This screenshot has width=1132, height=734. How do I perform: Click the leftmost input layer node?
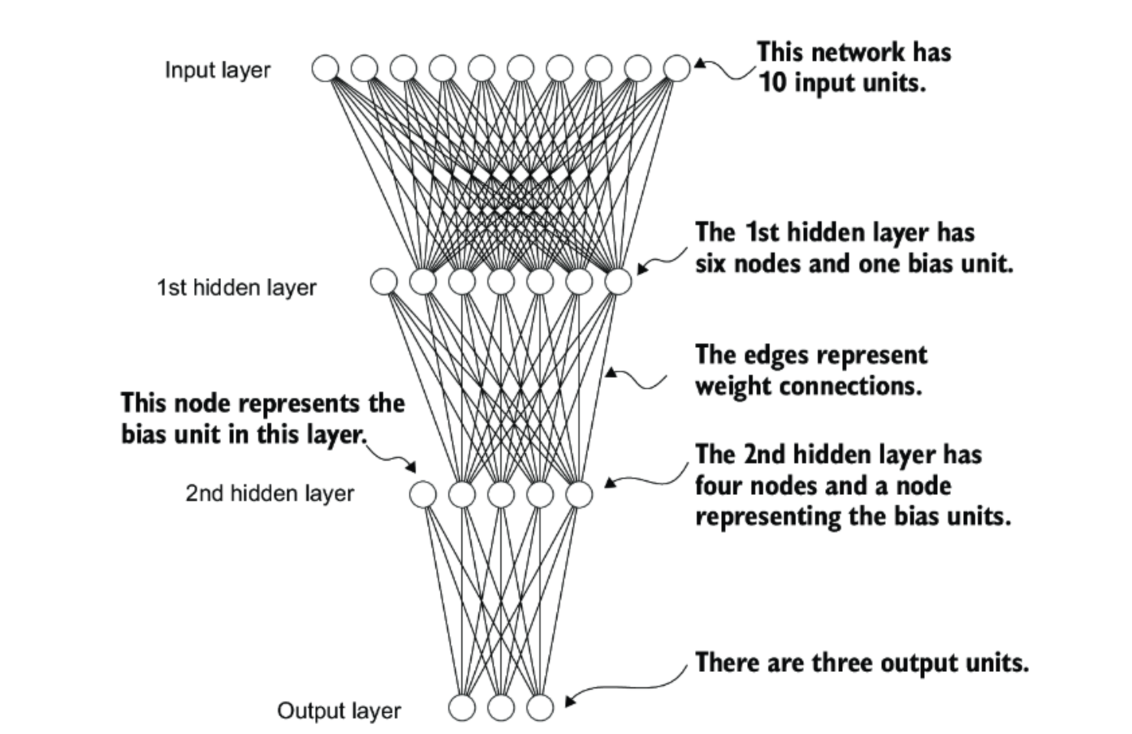325,68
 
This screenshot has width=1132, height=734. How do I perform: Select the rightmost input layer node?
677,68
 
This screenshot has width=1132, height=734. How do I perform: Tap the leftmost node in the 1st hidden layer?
384,282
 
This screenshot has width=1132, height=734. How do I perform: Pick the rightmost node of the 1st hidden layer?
618,282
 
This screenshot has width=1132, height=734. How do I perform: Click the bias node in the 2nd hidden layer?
423,495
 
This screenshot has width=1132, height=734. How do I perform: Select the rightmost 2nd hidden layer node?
579,495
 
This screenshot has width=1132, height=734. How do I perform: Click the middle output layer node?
501,707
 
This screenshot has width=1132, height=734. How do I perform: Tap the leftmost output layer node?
462,707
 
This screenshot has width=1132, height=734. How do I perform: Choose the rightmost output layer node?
540,707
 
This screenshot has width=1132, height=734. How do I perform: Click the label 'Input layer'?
217,70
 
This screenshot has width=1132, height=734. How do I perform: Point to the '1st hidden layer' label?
237,288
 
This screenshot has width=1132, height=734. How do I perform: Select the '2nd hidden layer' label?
270,493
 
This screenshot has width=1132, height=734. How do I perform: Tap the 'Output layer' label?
339,711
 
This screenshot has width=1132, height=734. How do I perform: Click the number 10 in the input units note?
772,83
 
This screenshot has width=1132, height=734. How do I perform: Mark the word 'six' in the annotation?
711,264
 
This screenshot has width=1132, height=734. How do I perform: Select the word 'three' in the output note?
843,663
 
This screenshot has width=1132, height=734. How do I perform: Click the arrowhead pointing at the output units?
570,701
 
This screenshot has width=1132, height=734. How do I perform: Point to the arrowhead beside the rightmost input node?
700,62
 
